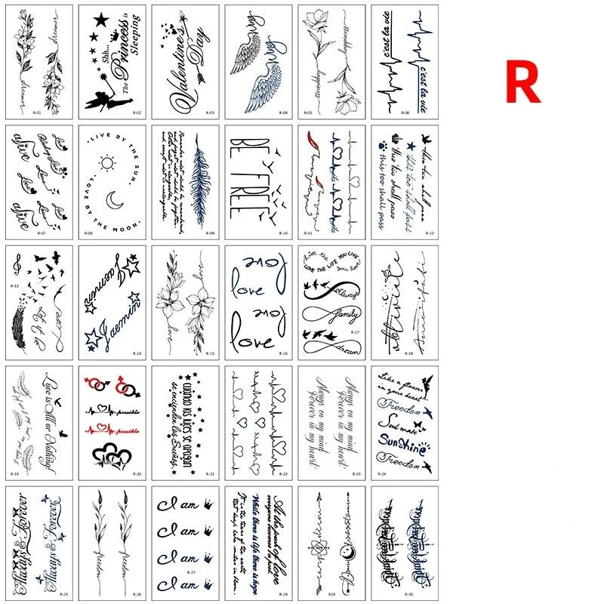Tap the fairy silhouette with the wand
click(98, 91)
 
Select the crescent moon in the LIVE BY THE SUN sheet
click(114, 200)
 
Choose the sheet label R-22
click(283, 473)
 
